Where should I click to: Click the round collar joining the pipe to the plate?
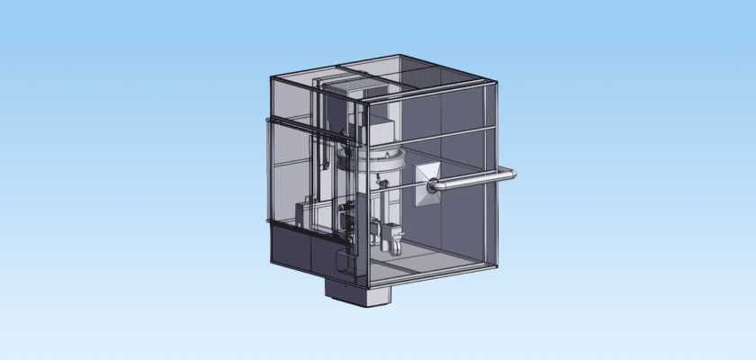point(435,186)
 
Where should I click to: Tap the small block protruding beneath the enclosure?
point(357,292)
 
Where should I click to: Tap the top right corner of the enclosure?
point(496,84)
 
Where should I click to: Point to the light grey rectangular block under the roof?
point(363,87)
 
